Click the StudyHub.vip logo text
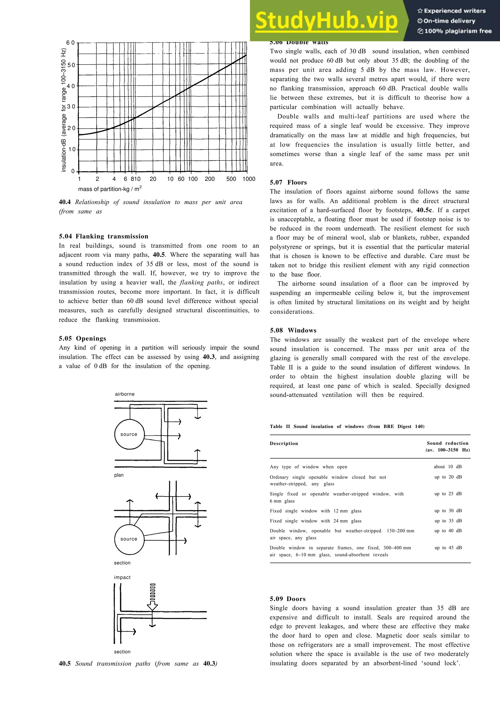tap(327, 21)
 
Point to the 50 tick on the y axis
tap(71, 65)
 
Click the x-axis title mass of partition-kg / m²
tap(110, 189)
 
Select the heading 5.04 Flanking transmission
tap(104, 236)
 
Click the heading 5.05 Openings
tap(82, 338)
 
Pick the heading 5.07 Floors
tap(288, 182)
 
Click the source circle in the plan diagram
tap(129, 434)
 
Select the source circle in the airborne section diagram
tap(129, 539)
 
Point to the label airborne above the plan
tap(125, 394)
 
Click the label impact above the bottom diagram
tap(122, 577)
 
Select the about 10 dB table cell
tap(448, 467)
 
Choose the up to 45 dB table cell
tap(448, 548)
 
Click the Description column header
tap(284, 443)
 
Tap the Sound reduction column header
tap(447, 443)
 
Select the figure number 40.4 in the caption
tap(65, 202)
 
